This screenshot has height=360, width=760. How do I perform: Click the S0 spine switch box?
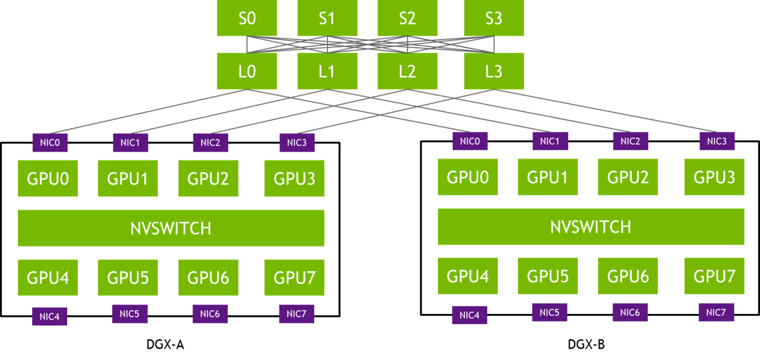pos(247,19)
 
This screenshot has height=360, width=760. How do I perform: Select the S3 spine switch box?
pos(494,19)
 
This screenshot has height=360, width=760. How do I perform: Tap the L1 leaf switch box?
pos(327,71)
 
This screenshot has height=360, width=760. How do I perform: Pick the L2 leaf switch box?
pos(407,71)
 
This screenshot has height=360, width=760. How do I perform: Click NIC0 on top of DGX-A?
pos(49,143)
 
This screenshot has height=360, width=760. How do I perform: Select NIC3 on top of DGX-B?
pos(716,141)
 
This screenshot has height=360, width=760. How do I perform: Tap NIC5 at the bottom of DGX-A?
pos(130,314)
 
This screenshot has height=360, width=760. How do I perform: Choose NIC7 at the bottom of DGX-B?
pos(716,312)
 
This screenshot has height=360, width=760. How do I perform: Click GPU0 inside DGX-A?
pos(47,178)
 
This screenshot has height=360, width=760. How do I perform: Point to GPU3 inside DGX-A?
pos(294,178)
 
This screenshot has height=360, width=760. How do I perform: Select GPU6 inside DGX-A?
pos(208,277)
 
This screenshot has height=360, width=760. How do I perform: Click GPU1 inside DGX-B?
pos(548,177)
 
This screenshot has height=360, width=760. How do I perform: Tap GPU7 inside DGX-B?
pos(714,276)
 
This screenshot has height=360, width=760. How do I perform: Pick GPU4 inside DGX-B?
pos(468,276)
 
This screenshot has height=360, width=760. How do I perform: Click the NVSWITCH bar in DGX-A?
pos(171,228)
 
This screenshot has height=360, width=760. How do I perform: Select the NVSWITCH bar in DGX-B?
pos(591,226)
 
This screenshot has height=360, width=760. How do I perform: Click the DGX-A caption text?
pos(165,345)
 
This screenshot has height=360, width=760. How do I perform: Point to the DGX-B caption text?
pos(586,345)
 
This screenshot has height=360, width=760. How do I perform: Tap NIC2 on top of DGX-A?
pos(210,143)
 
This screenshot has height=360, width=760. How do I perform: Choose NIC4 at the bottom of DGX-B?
pos(469,315)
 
